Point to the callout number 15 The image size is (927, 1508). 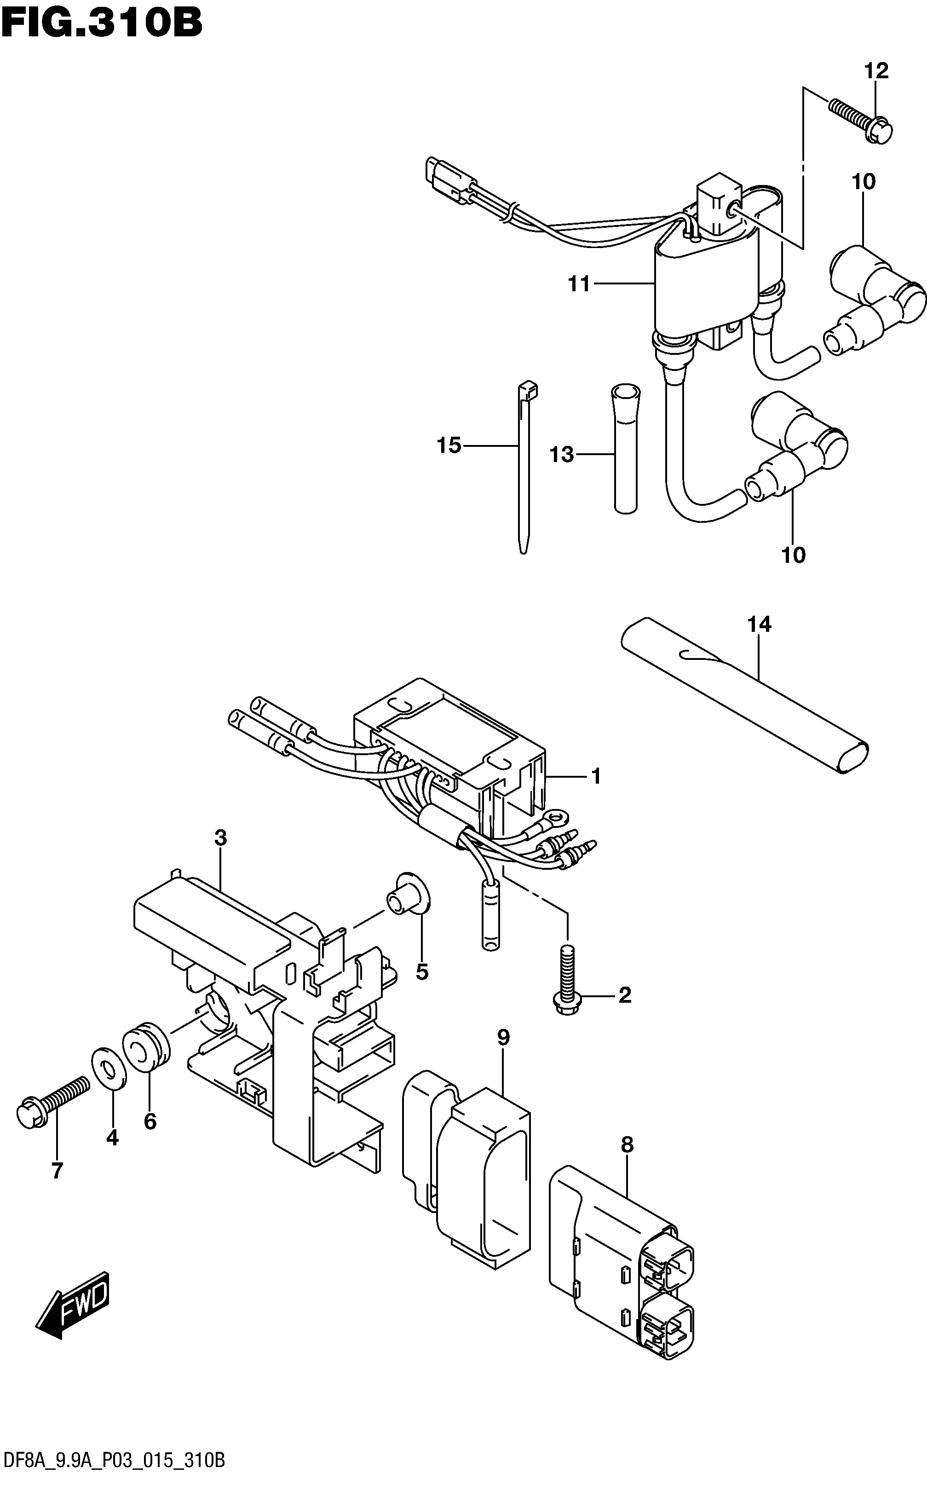pos(449,445)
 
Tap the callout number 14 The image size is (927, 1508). pos(759,624)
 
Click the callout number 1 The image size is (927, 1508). pos(596,776)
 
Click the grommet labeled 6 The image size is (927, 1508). pos(146,1047)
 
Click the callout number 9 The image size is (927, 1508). pos(503,1037)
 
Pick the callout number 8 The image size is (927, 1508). pos(627,1144)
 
